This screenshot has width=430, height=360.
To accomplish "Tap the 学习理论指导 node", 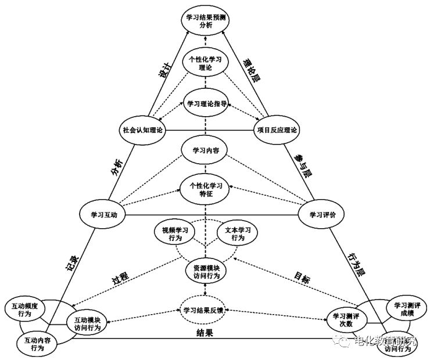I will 205,105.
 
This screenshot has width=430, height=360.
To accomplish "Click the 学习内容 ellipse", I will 205,150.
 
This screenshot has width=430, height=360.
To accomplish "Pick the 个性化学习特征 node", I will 205,189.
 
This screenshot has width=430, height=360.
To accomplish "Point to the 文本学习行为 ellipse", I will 238,234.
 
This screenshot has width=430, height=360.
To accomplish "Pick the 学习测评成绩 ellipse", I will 406,309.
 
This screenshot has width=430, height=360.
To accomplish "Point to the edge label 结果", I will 205,333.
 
